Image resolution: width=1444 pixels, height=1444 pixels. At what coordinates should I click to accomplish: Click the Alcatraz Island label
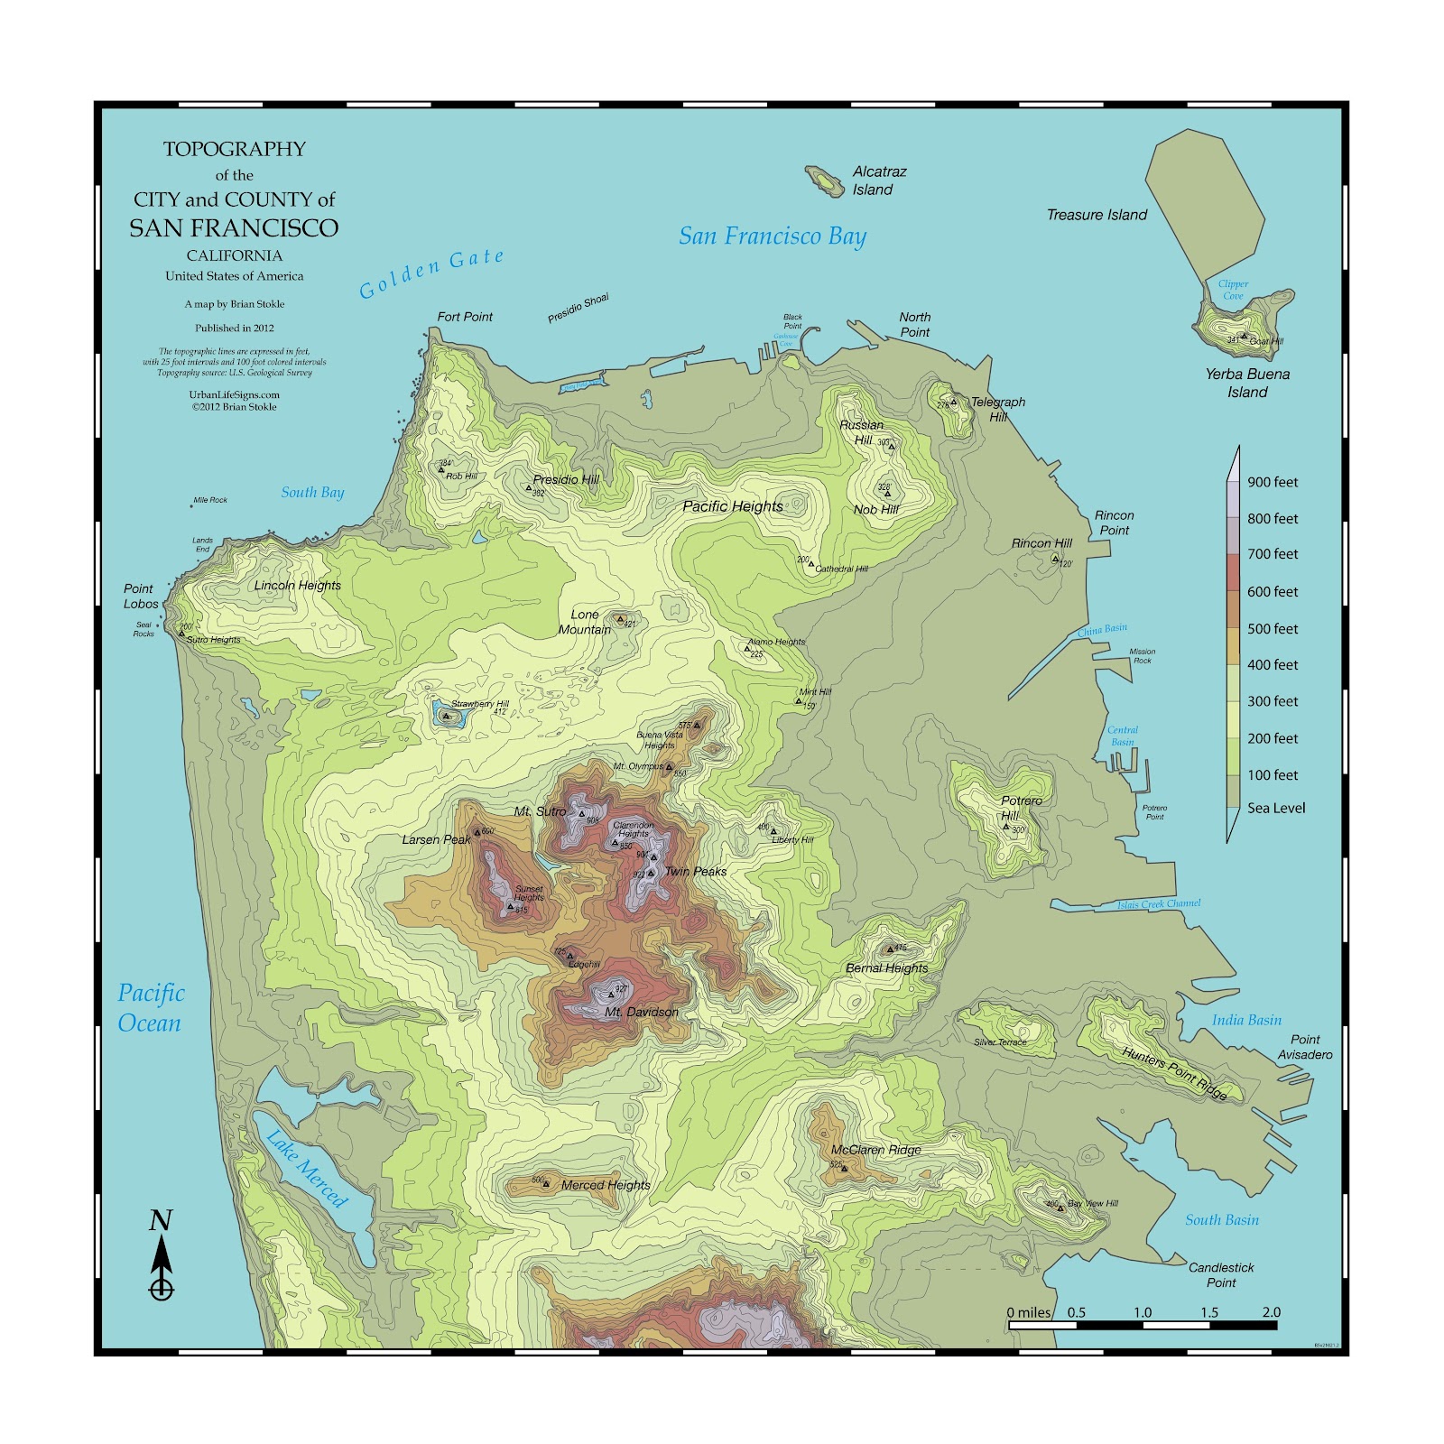point(878,180)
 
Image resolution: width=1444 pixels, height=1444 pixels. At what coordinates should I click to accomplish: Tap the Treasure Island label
point(1097,215)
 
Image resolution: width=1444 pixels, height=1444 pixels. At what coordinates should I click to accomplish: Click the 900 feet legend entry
point(1273,482)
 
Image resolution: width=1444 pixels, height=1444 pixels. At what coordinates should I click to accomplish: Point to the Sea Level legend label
point(1276,808)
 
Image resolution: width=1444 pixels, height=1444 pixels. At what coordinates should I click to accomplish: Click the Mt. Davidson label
point(642,1012)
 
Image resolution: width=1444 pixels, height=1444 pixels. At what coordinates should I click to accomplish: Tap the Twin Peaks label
point(695,871)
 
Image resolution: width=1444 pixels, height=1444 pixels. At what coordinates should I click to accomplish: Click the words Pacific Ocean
point(151,1007)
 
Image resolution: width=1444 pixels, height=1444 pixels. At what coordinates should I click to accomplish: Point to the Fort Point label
point(465,317)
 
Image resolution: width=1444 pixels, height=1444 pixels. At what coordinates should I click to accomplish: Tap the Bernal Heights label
point(886,967)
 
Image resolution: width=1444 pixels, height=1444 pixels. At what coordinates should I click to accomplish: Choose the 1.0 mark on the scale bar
point(1143,1312)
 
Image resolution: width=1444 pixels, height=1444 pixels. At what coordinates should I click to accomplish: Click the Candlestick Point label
point(1221,1274)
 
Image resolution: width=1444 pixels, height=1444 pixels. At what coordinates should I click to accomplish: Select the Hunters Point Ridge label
point(1174,1072)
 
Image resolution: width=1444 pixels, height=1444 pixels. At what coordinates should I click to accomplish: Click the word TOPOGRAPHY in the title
point(235,149)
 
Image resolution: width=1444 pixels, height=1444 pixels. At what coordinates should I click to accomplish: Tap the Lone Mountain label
point(584,622)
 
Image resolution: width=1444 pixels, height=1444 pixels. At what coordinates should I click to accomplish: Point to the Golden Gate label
point(431,273)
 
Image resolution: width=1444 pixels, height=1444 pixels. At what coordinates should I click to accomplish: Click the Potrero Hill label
point(1020,808)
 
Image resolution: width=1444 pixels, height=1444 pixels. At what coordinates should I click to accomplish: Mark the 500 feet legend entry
point(1273,628)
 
